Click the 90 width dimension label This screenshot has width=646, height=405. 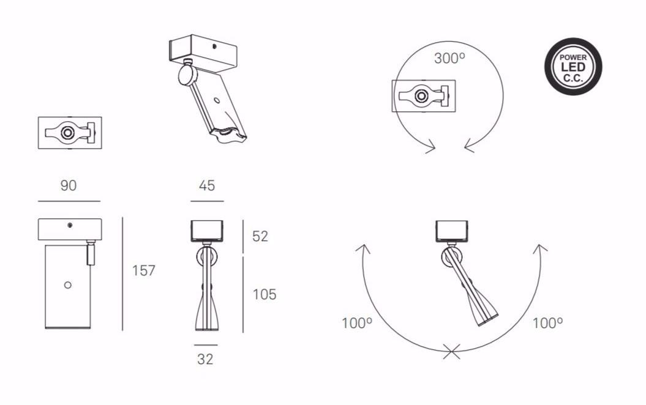pyautogui.click(x=69, y=185)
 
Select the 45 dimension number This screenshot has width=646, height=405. pyautogui.click(x=207, y=185)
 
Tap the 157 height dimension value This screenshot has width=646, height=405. pyautogui.click(x=143, y=270)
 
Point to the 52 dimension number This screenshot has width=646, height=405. pyautogui.click(x=260, y=236)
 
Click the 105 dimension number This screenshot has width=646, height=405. pyautogui.click(x=264, y=294)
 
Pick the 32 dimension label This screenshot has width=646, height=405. pyautogui.click(x=205, y=359)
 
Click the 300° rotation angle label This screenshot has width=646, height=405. pyautogui.click(x=449, y=59)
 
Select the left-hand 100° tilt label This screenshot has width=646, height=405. pyautogui.click(x=357, y=323)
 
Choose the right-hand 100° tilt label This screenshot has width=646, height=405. pyautogui.click(x=547, y=323)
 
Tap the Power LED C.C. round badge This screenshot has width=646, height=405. pyautogui.click(x=573, y=67)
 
